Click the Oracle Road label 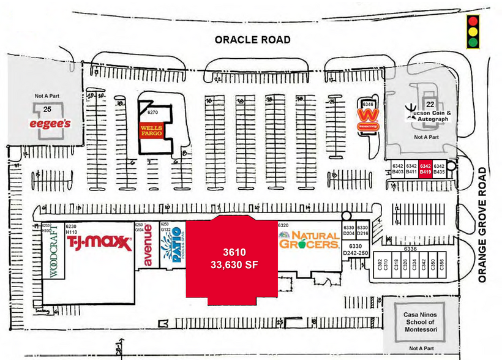[252, 40]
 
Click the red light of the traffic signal [472, 21]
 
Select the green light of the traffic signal [472, 43]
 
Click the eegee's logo [51, 124]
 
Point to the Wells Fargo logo [151, 130]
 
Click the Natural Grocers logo [309, 239]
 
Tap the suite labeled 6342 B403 [398, 169]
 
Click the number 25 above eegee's [47, 108]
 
